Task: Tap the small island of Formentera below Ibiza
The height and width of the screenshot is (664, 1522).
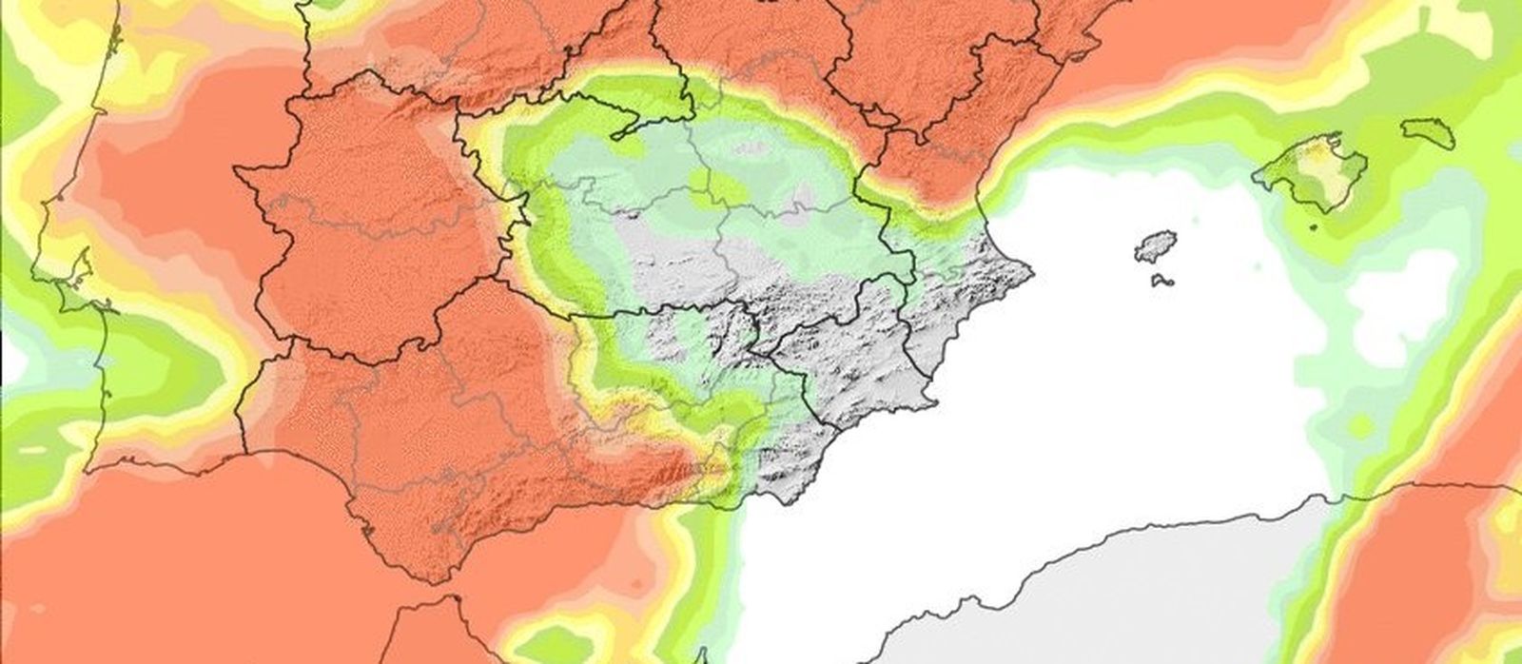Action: (x=1161, y=281)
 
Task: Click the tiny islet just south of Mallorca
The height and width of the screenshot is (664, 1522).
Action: (x=1314, y=227)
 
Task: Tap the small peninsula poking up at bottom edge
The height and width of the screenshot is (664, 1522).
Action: (x=701, y=655)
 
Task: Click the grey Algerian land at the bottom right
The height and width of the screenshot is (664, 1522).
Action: (x=1094, y=609)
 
